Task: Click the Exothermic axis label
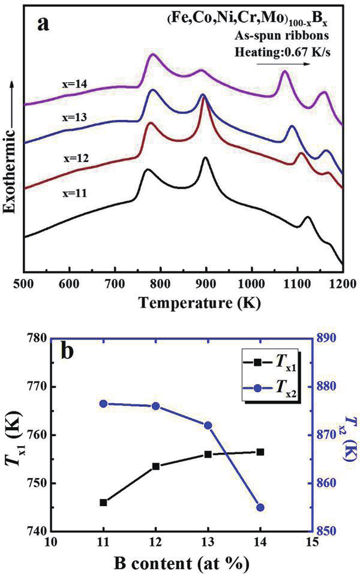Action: pos(10,161)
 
